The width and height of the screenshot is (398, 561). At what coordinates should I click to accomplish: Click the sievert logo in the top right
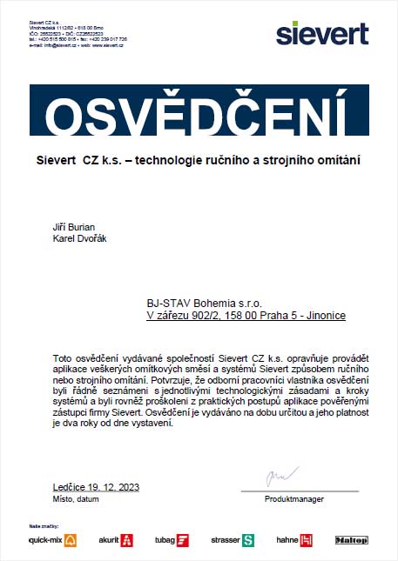tap(321, 33)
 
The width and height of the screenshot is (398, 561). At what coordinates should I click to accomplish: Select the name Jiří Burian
tap(74, 227)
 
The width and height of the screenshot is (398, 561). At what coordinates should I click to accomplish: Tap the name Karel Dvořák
tap(79, 238)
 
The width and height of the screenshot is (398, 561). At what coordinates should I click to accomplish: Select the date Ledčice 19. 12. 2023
tap(96, 487)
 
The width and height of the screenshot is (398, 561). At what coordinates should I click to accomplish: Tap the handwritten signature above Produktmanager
tap(277, 479)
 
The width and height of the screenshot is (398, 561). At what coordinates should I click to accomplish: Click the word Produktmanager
tap(294, 499)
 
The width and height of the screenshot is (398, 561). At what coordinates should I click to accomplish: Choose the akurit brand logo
tap(115, 540)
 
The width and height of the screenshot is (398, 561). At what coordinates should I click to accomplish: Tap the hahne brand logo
tap(293, 540)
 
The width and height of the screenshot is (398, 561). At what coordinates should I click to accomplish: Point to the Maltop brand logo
tap(352, 540)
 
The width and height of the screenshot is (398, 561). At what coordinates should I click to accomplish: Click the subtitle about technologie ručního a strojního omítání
tap(199, 161)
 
